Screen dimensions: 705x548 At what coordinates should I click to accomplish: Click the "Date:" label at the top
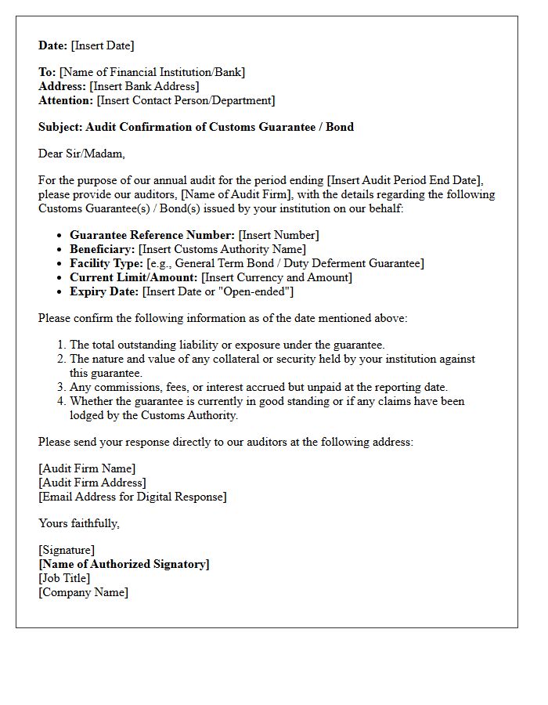tap(53, 45)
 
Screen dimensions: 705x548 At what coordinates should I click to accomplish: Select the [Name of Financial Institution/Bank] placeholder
tap(152, 72)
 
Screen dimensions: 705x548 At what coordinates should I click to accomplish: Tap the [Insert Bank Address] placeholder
tap(144, 86)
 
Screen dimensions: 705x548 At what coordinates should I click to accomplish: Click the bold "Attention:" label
tap(66, 100)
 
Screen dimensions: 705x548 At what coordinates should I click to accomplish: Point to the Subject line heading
tap(196, 127)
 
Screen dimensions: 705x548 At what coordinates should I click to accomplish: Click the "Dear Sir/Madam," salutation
tap(81, 154)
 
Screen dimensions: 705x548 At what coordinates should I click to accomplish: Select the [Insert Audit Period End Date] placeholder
tap(407, 180)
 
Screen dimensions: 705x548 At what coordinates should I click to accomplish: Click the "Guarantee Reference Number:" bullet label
tap(152, 235)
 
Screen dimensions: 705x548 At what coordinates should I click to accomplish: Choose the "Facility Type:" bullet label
tap(106, 263)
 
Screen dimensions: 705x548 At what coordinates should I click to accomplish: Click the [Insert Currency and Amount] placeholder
tap(276, 277)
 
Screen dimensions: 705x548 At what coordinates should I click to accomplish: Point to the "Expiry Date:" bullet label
tap(104, 291)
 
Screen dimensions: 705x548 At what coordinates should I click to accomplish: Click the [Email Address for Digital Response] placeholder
tap(132, 497)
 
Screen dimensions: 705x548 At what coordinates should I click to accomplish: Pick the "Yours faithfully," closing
tap(79, 523)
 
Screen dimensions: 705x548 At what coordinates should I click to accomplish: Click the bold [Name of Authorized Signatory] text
tap(124, 564)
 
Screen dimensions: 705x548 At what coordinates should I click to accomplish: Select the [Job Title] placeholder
tap(64, 578)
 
